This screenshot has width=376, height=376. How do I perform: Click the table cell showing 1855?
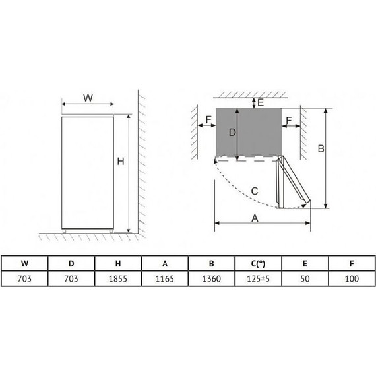pos(117,278)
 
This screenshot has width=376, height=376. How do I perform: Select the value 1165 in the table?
pos(164,278)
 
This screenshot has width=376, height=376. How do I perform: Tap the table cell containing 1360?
pos(211,278)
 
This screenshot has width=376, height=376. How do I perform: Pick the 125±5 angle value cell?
pos(258,278)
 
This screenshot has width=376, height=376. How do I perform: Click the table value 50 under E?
pos(305,278)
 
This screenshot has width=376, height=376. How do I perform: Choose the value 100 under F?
pos(352,278)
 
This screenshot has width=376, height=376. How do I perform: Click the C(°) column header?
pos(258,264)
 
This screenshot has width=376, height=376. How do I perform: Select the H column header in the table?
pos(117,264)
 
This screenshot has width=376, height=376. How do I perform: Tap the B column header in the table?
pos(211,264)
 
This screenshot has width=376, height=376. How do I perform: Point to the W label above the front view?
pos(88,98)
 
